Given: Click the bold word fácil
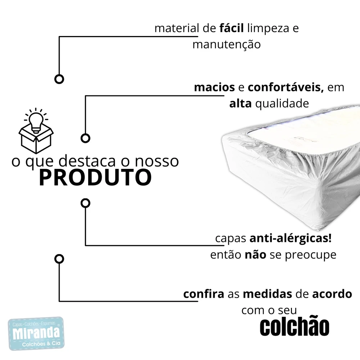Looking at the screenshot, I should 231,28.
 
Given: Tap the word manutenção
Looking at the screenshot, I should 226,45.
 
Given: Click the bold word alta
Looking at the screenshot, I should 240,104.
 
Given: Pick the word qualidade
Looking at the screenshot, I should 282,104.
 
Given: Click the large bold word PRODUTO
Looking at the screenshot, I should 95,177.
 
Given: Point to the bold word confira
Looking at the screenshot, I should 204,294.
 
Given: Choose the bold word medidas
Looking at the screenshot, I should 267,294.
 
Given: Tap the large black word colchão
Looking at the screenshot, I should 294,327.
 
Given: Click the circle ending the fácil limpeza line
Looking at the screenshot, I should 59,79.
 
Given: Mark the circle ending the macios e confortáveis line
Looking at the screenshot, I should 85,138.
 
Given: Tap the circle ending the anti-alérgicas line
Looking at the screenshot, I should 85,203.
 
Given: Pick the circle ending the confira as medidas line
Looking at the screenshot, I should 59,258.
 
